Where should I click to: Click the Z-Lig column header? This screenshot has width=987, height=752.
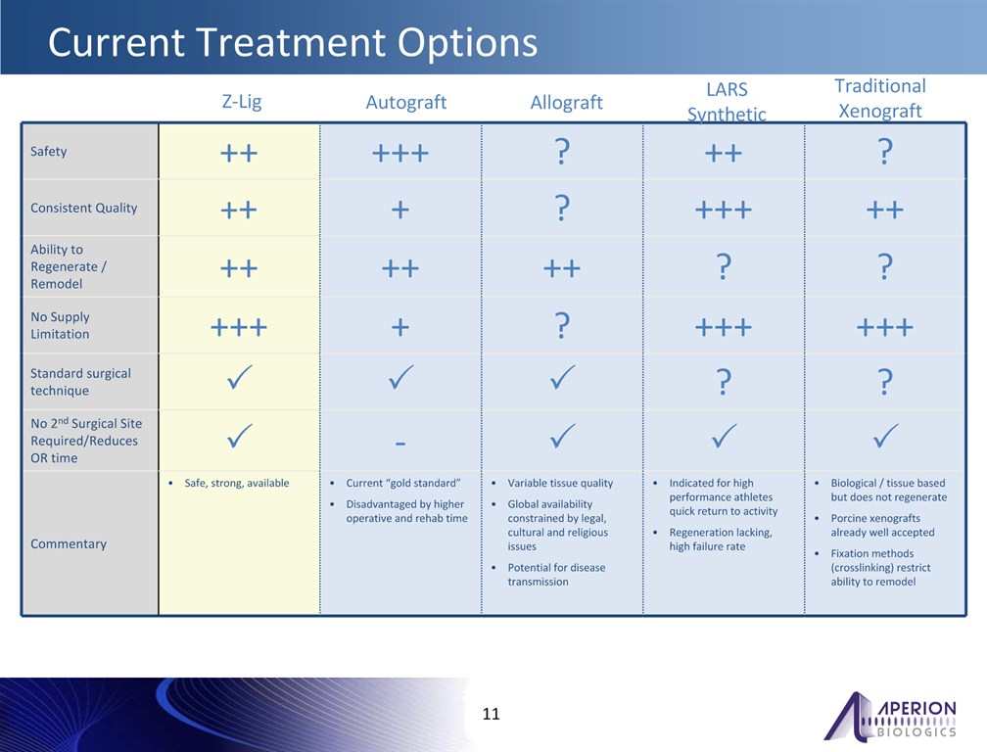coord(242,102)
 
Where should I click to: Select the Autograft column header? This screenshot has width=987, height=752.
coord(406,102)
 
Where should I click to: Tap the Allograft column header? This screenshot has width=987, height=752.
coord(567,102)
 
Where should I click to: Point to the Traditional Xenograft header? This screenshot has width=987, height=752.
coord(880,98)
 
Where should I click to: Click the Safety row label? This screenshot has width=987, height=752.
coord(49,152)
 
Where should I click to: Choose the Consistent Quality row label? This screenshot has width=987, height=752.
coord(84,208)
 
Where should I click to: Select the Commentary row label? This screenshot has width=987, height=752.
coord(69,543)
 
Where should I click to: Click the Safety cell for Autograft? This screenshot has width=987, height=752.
coord(400,153)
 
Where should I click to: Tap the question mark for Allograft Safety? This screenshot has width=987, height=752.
coord(562,152)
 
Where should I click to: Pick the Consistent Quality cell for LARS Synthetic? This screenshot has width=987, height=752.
coord(724,210)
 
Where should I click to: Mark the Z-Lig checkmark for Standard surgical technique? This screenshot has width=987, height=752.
coord(240,377)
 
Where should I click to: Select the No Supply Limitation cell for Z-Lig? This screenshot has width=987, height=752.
coord(239,327)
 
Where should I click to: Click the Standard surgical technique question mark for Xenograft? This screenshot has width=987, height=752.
coord(885,381)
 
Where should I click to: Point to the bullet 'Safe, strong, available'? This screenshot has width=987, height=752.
coord(237,484)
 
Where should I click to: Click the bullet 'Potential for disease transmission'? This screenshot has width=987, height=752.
coord(556,575)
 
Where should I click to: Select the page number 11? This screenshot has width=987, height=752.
coord(491,714)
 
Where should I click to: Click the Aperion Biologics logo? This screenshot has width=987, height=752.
coord(890,716)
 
